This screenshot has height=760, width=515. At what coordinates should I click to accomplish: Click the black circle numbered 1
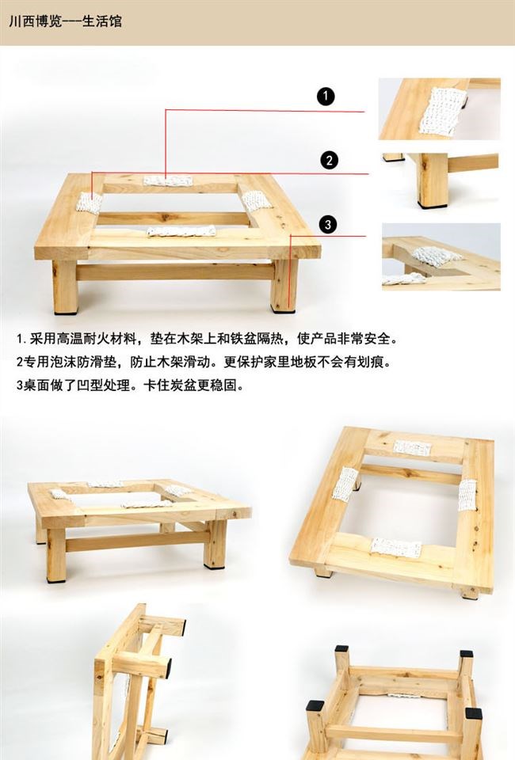tap(326, 96)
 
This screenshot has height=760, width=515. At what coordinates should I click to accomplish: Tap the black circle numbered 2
tap(330, 161)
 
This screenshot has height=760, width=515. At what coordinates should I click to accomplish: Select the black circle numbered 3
tap(328, 224)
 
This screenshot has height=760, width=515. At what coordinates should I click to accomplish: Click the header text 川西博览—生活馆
tap(66, 21)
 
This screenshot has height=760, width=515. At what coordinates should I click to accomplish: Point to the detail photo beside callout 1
tap(440, 109)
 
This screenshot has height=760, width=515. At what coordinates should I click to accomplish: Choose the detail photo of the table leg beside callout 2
tap(441, 180)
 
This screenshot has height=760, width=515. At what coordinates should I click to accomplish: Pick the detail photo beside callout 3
tap(441, 256)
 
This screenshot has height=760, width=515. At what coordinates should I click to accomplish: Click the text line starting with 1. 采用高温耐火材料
tap(207, 338)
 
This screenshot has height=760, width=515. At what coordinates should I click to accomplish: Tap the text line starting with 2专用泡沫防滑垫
tap(204, 362)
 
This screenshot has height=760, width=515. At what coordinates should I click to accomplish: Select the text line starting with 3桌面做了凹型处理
tap(130, 386)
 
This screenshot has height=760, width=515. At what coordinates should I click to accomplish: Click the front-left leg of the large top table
tap(65, 287)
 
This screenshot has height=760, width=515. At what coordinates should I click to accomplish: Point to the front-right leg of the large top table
tap(284, 286)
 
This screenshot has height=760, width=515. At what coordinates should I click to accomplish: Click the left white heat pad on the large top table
tap(90, 203)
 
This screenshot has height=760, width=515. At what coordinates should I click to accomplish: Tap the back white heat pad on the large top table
tap(168, 180)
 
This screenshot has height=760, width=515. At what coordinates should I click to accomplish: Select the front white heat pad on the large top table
tap(181, 231)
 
